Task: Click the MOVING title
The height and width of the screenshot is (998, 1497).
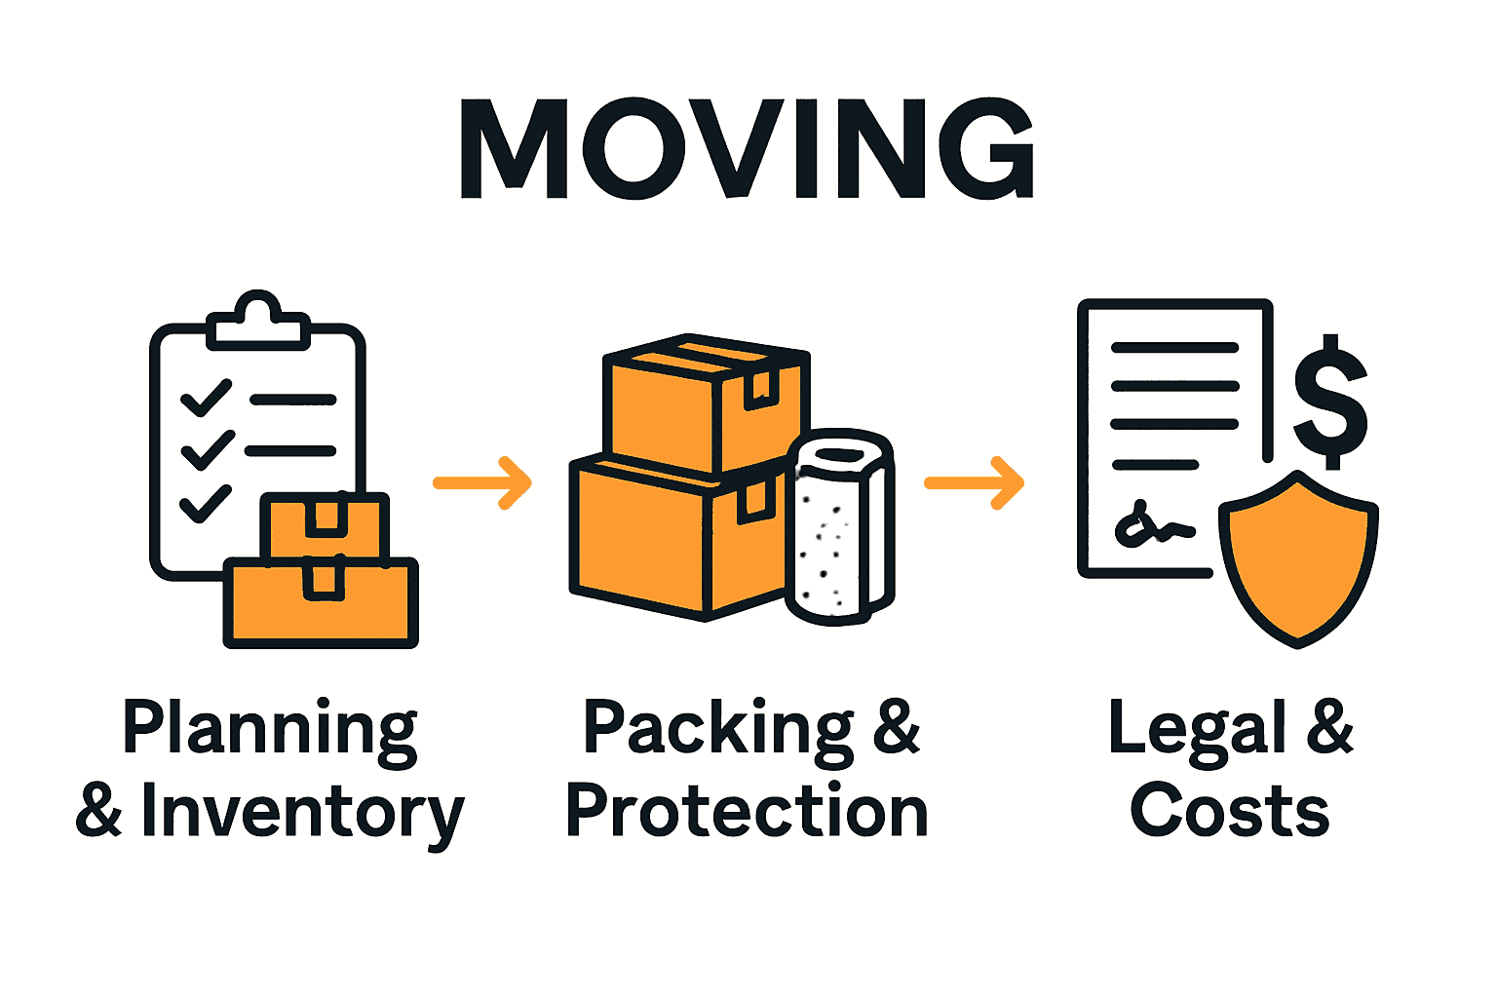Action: coord(748,148)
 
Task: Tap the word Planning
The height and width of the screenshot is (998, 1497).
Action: coord(269,729)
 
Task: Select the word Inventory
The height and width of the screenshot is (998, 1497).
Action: coord(302,813)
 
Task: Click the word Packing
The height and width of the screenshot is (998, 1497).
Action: coord(717,729)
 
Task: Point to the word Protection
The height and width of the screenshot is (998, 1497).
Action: coord(747,811)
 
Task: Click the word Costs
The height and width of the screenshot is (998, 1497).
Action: coord(1230,811)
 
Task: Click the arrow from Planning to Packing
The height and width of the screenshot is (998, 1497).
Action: coord(482,482)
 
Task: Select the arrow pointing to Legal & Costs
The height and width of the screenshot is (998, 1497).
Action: coord(975,482)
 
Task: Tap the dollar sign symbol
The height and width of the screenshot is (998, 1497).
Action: coord(1330,401)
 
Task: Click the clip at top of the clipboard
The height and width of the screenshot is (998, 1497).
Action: coord(257,322)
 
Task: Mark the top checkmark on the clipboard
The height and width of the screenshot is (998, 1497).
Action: coord(206,399)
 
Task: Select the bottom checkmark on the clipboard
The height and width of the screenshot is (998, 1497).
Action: coord(206,504)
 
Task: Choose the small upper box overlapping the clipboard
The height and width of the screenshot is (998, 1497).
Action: coord(326,526)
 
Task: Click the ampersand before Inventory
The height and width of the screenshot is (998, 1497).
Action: coord(99,811)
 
